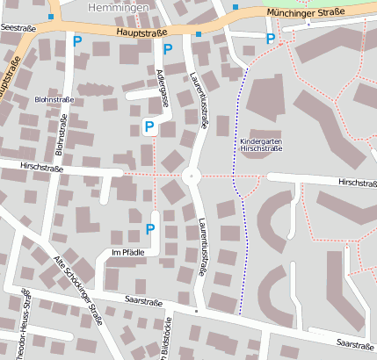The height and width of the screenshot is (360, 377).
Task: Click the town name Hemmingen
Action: coord(117,6)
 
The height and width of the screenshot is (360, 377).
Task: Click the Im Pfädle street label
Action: coord(127,252)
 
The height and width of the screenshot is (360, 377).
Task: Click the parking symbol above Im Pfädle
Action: coord(149,229)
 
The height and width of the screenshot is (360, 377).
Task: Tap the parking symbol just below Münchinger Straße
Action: coord(271,38)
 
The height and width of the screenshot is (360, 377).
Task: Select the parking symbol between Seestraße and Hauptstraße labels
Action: coord(77,40)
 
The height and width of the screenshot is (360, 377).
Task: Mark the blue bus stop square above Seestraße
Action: coord(52,17)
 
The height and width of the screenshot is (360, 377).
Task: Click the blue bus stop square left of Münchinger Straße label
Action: coord(236,7)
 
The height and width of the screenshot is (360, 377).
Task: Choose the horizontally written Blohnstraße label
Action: coord(54,100)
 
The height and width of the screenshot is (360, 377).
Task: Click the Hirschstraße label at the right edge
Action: coord(356,183)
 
